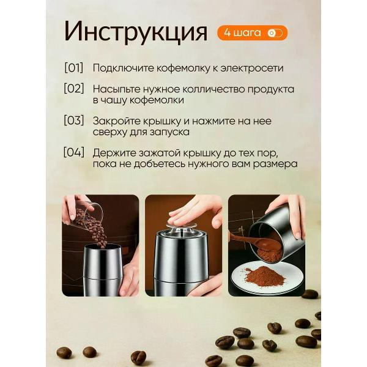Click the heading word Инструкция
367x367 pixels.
point(136,32)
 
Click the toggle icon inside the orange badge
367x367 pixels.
point(275,33)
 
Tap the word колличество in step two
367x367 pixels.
point(204,89)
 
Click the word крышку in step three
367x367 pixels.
point(161,120)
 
